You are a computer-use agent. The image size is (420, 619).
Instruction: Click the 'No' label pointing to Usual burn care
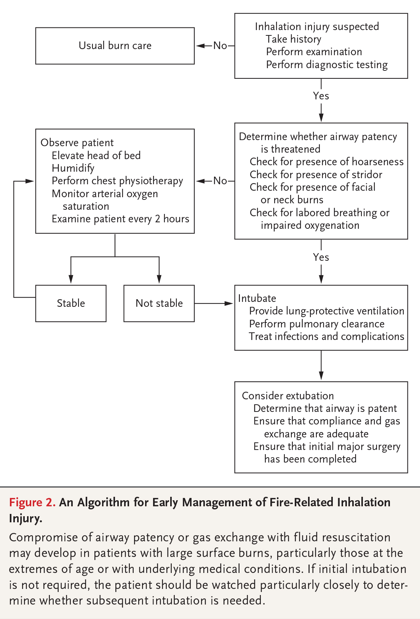point(220,46)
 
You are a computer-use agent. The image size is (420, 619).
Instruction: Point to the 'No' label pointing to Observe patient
point(220,181)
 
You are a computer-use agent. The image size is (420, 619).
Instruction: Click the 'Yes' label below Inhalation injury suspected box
point(321,96)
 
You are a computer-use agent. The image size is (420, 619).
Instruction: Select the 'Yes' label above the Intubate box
point(321,257)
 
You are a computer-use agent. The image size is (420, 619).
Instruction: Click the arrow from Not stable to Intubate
point(214,303)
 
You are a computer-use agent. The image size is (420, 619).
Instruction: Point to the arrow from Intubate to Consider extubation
point(321,365)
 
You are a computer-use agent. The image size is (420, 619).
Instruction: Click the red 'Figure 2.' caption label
point(32,502)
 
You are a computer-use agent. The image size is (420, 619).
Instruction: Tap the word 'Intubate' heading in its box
point(257,298)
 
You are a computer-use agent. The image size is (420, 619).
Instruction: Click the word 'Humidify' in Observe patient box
point(73,168)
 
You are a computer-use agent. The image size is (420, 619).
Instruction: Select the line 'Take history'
point(294,39)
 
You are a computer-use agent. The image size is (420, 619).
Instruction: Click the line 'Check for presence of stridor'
point(316,175)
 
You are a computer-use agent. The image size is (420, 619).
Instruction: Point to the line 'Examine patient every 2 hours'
point(120,219)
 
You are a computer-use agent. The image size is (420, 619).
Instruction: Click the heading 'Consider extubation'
point(287,396)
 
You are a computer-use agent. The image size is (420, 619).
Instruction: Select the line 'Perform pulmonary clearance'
point(317,324)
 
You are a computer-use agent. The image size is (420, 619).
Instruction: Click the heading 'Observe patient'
point(77,143)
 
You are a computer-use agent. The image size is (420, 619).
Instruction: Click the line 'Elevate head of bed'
point(96,156)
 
